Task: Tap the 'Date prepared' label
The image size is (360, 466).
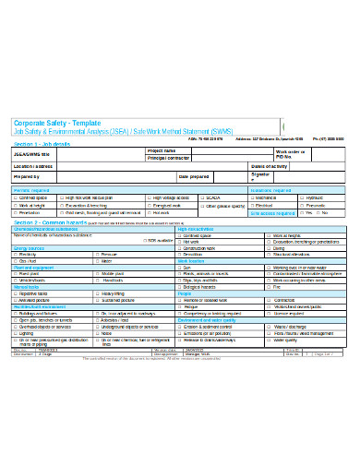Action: tap(195, 175)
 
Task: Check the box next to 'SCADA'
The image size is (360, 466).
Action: tap(203, 197)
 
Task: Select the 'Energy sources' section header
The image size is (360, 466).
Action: tap(29, 247)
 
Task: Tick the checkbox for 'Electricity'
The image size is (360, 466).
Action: tap(15, 254)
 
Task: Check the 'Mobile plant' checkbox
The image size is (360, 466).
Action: tap(97, 274)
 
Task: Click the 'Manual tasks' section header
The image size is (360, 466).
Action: tap(26, 287)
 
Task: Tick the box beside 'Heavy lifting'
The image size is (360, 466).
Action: tap(97, 293)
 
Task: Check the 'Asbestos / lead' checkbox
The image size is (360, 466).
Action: tap(97, 319)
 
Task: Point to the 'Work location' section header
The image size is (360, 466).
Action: tap(192, 261)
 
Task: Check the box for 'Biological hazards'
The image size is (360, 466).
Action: tap(179, 287)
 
